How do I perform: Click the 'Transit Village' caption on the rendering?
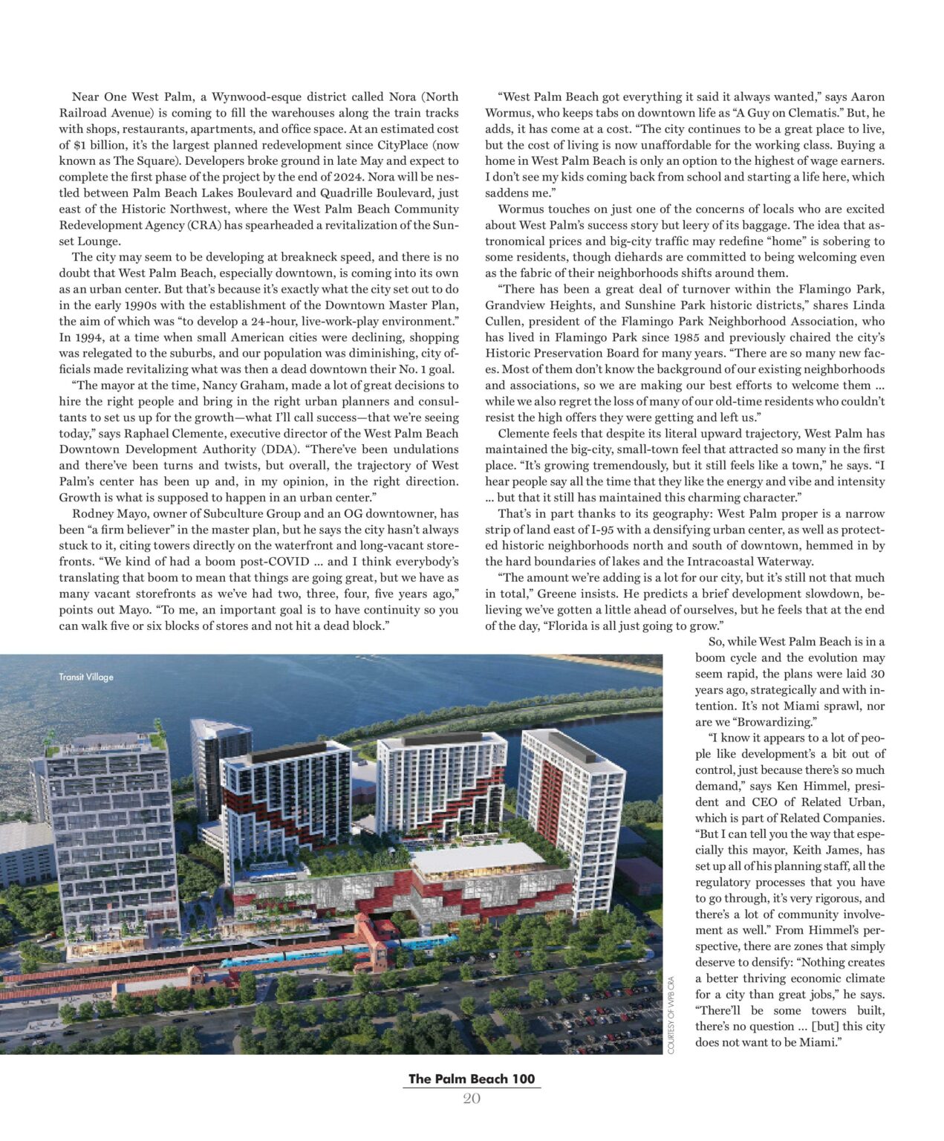tap(86, 677)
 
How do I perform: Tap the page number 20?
tap(472, 1099)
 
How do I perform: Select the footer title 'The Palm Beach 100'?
tap(472, 1079)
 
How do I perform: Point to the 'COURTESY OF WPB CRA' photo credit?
tap(671, 1015)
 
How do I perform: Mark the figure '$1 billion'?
tap(101, 145)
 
